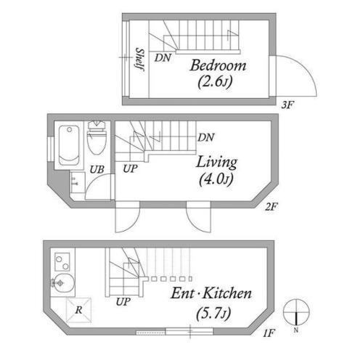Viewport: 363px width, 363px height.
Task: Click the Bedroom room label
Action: click(x=218, y=65)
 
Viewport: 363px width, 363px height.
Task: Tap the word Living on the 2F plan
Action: click(x=216, y=162)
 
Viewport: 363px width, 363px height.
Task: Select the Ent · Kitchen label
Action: click(x=211, y=293)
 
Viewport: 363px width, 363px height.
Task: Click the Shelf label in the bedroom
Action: click(x=140, y=60)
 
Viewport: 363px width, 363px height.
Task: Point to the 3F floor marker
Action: click(x=287, y=105)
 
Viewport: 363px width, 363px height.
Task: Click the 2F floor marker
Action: click(x=271, y=207)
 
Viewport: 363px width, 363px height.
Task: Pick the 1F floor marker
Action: click(x=269, y=333)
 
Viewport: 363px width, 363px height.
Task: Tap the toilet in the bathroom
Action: click(x=97, y=138)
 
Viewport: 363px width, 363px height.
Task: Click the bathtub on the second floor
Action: click(x=69, y=145)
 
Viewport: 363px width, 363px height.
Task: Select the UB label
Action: click(x=97, y=170)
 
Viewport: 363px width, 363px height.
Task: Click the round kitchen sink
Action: click(x=63, y=283)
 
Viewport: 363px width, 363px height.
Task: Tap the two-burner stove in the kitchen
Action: click(x=62, y=262)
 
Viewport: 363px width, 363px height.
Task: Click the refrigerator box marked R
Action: click(x=78, y=310)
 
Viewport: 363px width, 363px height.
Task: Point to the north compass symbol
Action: click(x=296, y=312)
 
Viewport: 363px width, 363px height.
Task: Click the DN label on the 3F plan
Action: click(x=163, y=58)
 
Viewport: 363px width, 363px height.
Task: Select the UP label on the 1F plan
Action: click(x=123, y=302)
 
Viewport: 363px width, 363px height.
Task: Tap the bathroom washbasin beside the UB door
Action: click(x=78, y=182)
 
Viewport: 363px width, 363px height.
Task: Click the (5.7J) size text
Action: click(x=213, y=314)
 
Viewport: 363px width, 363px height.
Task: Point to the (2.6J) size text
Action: click(x=215, y=81)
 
